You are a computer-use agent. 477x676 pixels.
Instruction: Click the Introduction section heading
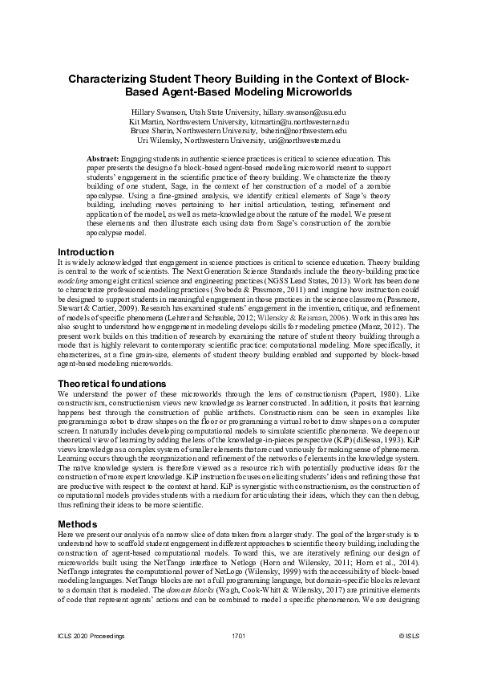tap(87, 251)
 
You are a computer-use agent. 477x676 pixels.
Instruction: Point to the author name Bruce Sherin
tap(153, 131)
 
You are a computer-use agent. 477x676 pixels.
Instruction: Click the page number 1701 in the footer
tap(238, 658)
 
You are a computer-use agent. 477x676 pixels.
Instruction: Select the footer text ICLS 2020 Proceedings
tap(91, 658)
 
